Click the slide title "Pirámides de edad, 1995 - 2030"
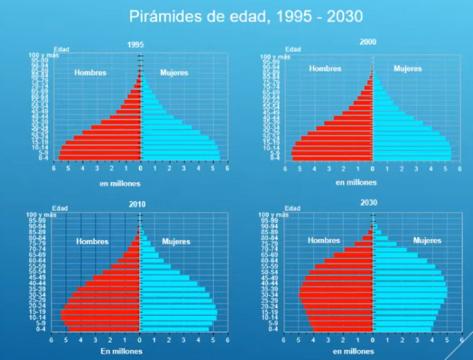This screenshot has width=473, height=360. tap(246, 17)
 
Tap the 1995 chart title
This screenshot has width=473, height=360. tap(135, 44)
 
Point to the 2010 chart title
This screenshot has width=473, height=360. tap(136, 204)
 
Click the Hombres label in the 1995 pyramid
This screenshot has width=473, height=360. tap(90, 73)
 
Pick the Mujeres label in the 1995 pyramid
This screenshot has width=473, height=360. tap(174, 73)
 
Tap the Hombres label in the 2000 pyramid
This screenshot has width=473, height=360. tap(325, 69)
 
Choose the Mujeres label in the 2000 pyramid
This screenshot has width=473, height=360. tap(408, 69)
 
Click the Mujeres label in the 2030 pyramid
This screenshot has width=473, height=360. tap(427, 241)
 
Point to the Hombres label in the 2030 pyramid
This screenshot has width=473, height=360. tap(324, 241)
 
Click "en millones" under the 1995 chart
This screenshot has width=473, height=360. tap(120, 184)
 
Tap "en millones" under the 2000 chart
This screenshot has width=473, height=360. tap(356, 183)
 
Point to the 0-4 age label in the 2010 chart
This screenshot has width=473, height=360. tap(58, 329)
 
